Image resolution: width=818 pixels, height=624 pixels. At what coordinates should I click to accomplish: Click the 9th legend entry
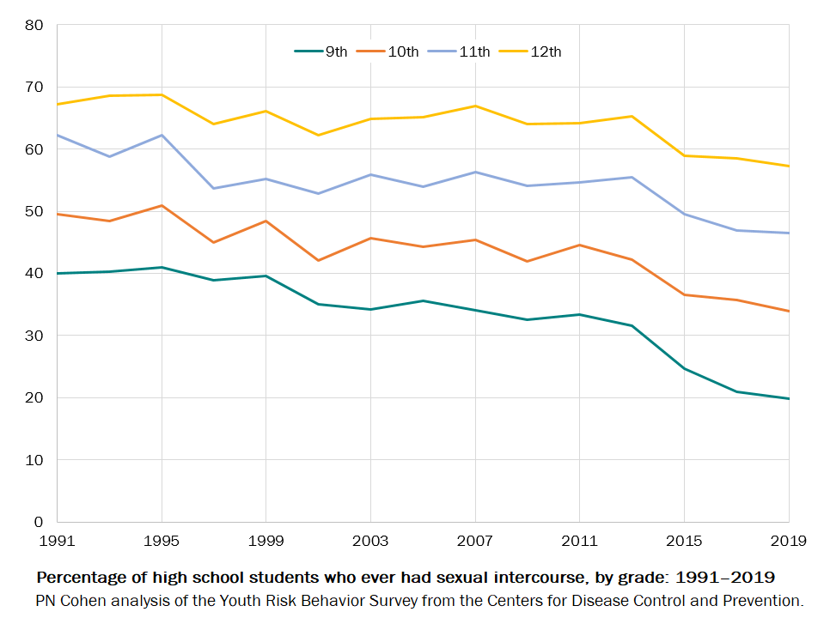tap(322, 51)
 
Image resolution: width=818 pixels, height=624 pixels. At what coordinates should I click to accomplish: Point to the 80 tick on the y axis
tap(34, 25)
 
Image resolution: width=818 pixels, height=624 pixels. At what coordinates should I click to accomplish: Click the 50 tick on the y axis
tap(34, 211)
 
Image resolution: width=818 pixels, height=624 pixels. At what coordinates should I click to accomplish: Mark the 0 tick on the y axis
tap(38, 522)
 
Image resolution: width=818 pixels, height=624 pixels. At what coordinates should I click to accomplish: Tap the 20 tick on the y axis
tap(34, 397)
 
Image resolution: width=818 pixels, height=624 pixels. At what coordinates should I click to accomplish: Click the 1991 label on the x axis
tap(58, 541)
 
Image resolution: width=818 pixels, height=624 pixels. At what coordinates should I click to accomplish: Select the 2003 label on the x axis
tap(370, 541)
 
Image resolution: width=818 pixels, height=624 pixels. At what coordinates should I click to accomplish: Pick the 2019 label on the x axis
tap(788, 541)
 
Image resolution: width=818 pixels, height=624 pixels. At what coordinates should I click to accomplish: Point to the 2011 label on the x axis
tap(579, 541)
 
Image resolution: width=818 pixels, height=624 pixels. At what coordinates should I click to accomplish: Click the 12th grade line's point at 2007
tap(475, 106)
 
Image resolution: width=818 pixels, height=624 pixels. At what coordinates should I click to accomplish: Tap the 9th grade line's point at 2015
tap(684, 368)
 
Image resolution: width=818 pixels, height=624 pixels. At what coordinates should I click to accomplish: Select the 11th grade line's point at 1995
tap(162, 135)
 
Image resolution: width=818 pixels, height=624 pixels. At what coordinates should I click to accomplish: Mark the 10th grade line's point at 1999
tap(266, 221)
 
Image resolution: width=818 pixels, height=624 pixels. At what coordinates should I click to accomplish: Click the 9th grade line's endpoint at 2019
tap(789, 398)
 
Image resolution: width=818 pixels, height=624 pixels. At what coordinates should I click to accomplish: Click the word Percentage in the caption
tap(78, 576)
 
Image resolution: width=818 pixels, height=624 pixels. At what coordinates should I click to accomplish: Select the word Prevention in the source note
tap(762, 600)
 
